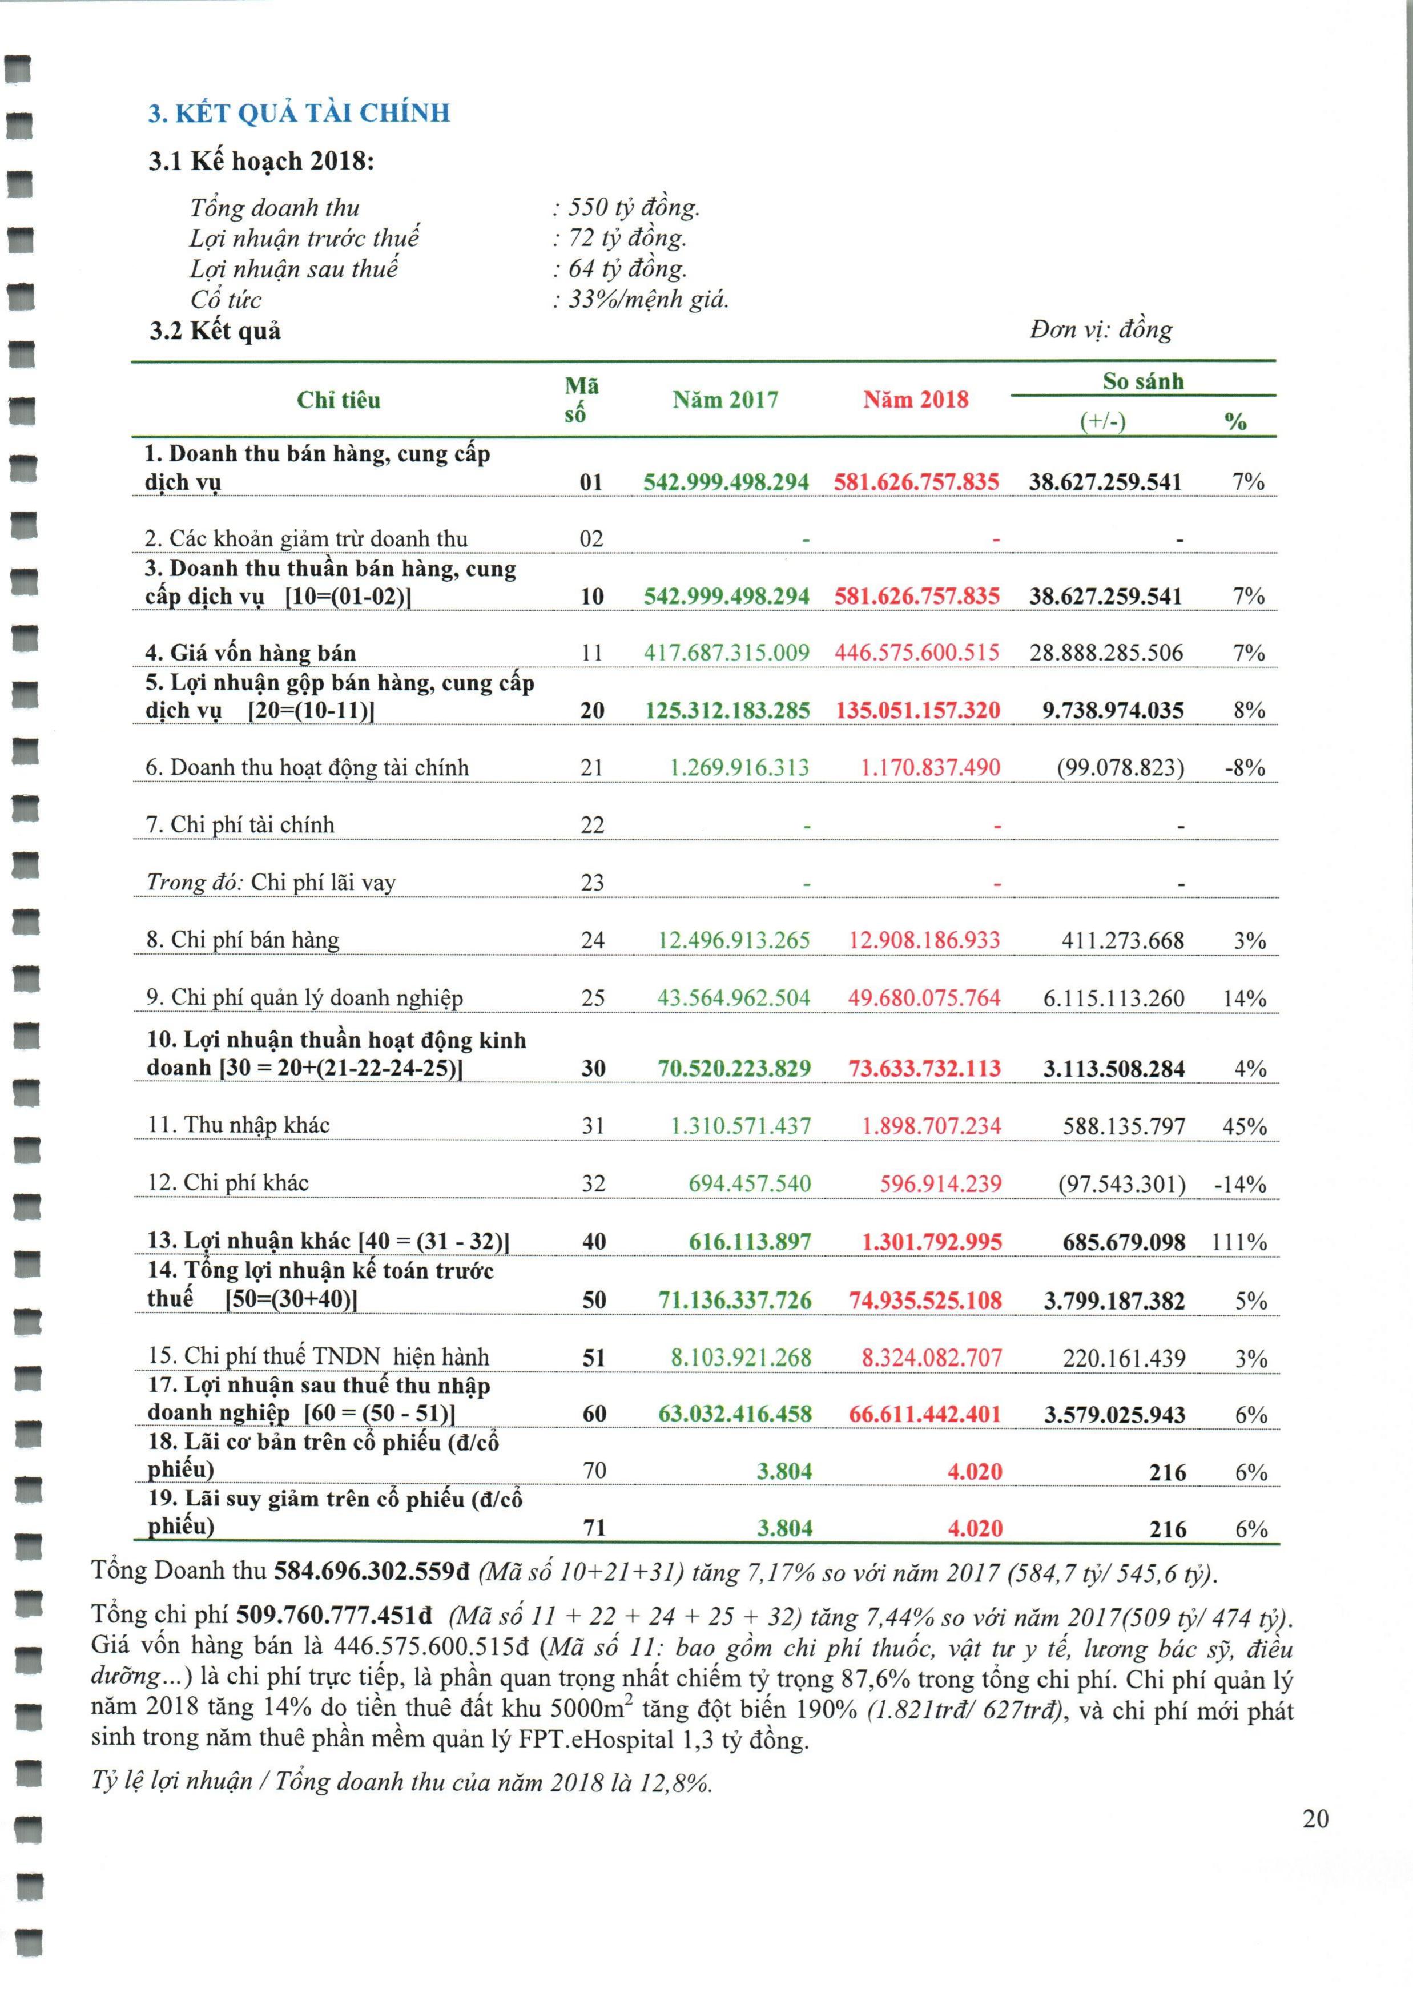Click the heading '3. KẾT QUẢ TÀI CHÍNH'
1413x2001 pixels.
click(299, 113)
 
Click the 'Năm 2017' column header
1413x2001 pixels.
click(725, 400)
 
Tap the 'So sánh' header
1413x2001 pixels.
click(1143, 382)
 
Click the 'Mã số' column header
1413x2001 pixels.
click(581, 400)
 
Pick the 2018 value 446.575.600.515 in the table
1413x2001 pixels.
click(917, 653)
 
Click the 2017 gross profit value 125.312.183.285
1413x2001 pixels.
click(727, 710)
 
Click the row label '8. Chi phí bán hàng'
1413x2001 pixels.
click(242, 940)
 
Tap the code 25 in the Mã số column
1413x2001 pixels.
click(593, 998)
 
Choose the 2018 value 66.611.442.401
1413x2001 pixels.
click(925, 1414)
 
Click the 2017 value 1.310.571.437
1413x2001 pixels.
click(740, 1126)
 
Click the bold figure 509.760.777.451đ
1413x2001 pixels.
click(334, 1615)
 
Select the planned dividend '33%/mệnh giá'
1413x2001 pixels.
click(647, 300)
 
